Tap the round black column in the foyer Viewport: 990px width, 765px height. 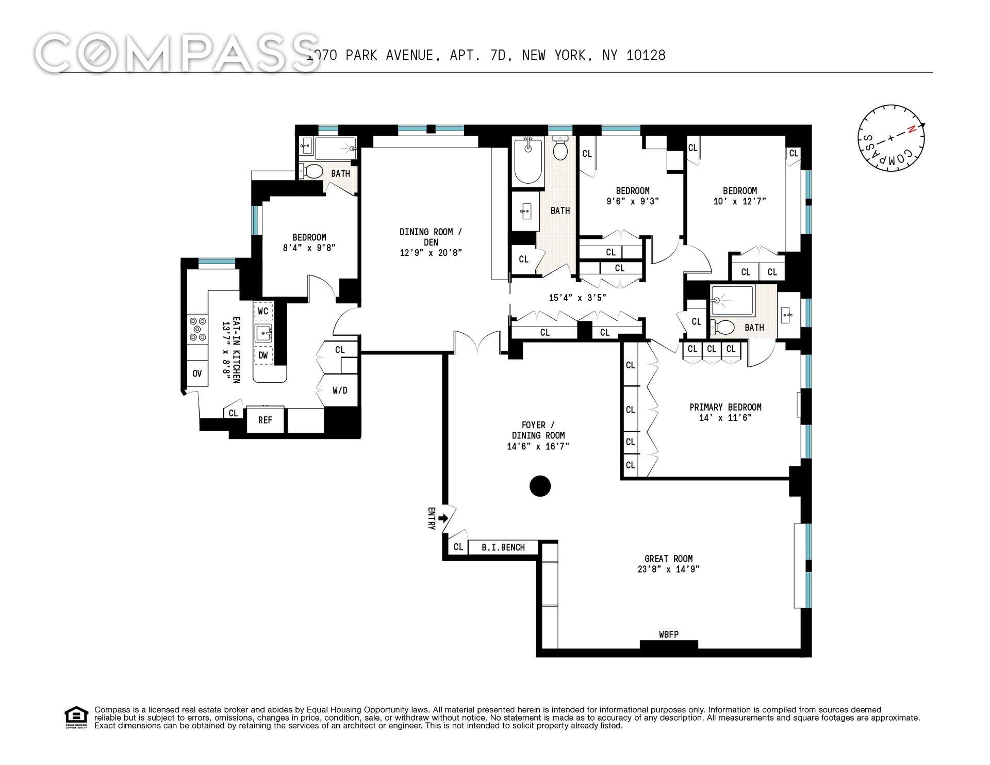point(540,485)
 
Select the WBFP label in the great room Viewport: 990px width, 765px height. point(669,634)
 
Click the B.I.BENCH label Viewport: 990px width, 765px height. point(503,547)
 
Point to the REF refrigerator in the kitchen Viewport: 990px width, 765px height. point(265,420)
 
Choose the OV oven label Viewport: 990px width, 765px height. point(197,373)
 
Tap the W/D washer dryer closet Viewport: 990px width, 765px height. point(340,390)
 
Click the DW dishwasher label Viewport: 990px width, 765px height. point(263,355)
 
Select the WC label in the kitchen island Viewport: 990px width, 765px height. point(263,311)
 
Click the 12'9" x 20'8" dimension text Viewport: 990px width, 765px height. point(431,253)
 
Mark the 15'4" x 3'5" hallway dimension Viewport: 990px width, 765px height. point(577,298)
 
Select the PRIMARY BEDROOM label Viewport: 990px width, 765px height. point(725,407)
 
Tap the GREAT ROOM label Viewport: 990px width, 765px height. point(668,559)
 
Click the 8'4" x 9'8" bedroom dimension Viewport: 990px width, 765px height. point(309,248)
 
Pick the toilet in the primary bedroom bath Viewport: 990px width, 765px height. point(723,327)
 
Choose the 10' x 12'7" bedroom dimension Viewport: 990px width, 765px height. point(739,201)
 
